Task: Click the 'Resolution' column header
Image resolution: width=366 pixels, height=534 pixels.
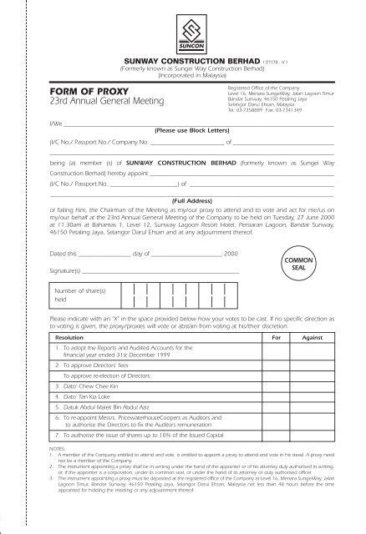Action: click(71, 340)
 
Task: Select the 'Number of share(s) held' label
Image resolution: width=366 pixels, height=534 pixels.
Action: click(84, 294)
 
